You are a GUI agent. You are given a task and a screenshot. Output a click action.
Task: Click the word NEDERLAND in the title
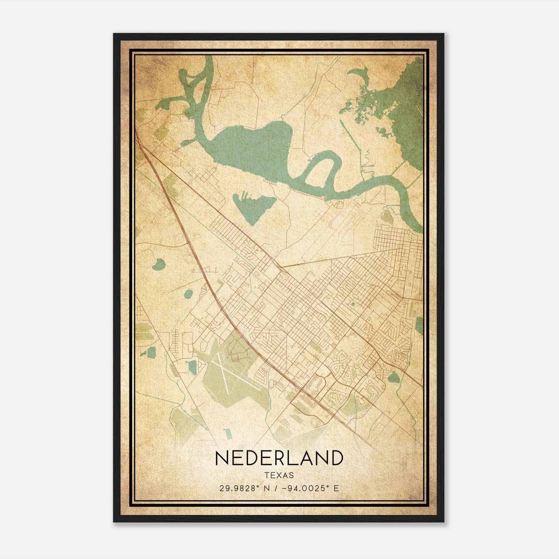[279, 458]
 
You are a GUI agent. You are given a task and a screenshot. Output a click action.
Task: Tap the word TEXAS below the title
[279, 475]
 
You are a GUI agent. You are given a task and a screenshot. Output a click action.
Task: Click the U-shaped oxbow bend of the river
[320, 164]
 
